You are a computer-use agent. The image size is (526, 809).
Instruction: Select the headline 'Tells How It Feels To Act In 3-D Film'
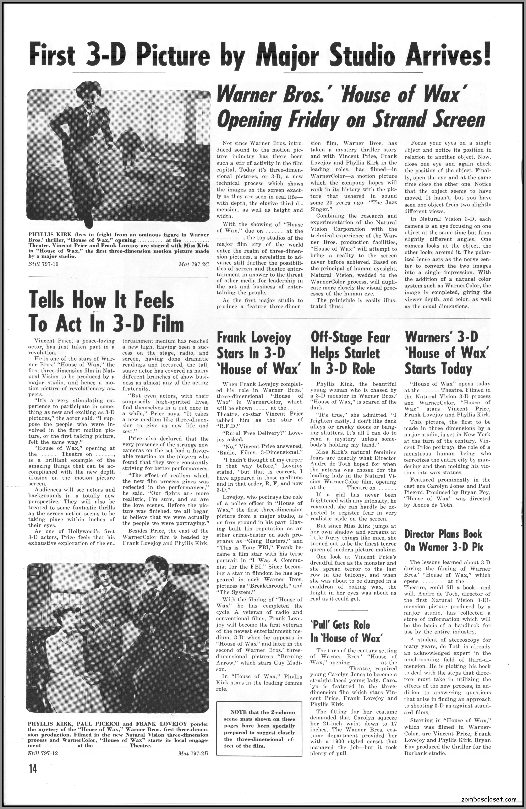pos(106,312)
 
